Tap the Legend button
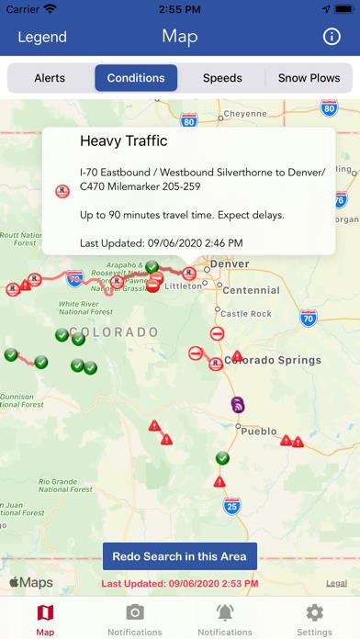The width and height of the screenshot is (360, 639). pos(42,37)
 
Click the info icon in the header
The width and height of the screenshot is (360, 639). pos(332,37)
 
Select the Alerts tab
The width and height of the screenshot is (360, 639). pos(50,78)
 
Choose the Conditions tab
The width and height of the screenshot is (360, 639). pos(136,78)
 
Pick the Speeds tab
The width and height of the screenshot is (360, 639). pos(222,78)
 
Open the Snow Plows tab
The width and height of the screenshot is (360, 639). pos(309,78)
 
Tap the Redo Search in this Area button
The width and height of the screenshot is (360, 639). pos(180,556)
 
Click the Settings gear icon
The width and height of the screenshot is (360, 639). pos(315,612)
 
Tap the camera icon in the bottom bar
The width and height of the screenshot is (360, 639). pos(135,612)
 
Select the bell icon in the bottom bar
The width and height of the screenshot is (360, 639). pos(225,612)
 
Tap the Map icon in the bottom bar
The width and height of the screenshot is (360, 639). pos(45,612)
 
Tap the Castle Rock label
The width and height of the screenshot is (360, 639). pos(246,313)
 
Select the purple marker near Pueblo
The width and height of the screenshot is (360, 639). pos(237,405)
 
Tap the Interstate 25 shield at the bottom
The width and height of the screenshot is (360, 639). pos(231,506)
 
